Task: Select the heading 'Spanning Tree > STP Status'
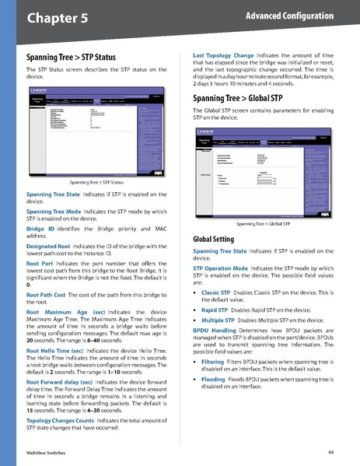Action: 71,58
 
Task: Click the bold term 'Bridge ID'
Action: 40,230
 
